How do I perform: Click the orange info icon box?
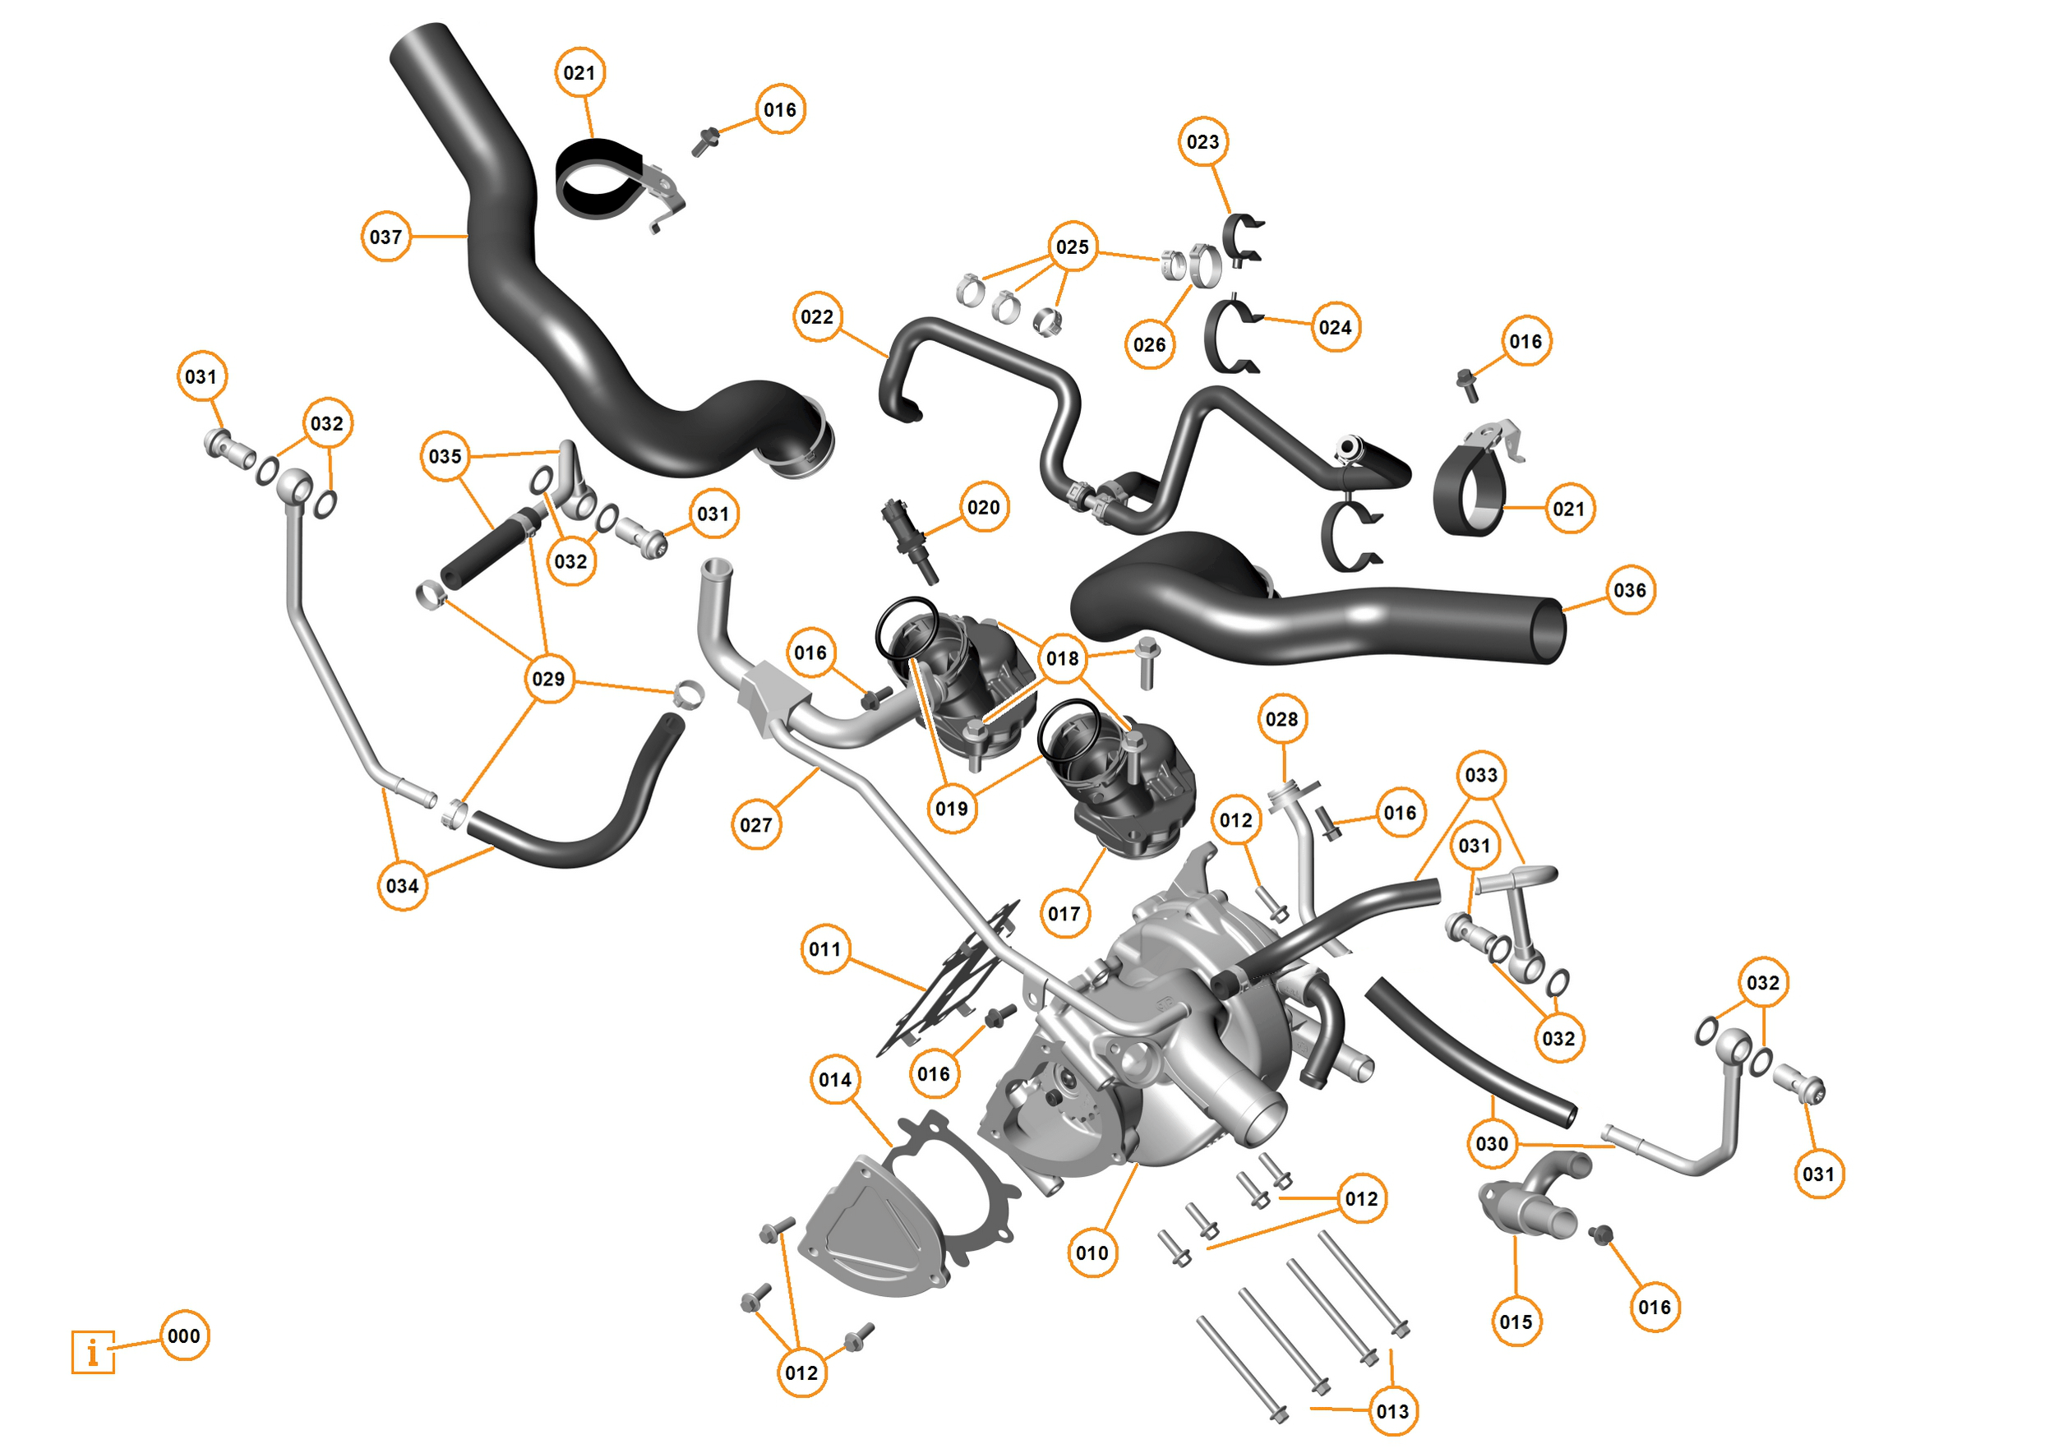coord(93,1352)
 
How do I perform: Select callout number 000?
coord(184,1335)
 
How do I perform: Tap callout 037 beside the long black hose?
coord(385,237)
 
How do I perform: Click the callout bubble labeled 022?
coord(817,316)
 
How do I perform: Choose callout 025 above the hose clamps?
coord(1072,247)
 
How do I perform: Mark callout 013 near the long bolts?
coord(1392,1412)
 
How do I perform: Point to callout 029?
coord(548,679)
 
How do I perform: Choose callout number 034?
coord(402,886)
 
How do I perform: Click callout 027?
coord(756,825)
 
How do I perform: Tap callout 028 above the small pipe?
coord(1282,719)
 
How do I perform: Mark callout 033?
coord(1480,775)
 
